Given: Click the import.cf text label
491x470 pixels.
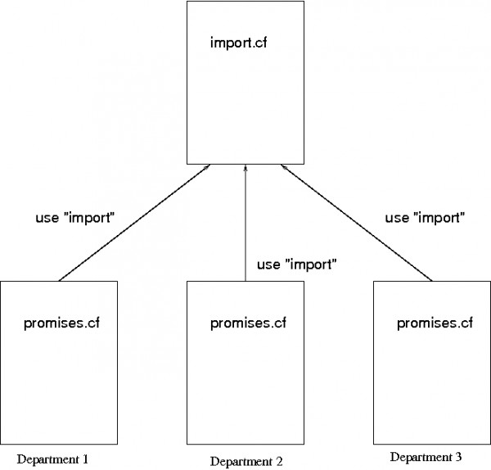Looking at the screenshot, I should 238,42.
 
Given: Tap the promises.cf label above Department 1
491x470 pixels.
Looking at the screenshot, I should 62,323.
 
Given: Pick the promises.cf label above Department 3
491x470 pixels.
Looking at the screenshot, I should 435,323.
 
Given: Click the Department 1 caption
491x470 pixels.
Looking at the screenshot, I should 52,459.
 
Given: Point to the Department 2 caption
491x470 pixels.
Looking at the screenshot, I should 246,461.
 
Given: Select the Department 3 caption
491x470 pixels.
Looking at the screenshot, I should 426,456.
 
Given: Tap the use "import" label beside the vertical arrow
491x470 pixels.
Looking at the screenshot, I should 297,264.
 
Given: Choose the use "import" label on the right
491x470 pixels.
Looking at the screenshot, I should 426,218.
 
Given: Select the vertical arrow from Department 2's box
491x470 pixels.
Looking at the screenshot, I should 245,229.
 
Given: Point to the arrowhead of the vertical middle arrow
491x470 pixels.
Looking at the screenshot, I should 245,169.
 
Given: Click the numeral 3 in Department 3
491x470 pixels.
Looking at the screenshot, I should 458,456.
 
